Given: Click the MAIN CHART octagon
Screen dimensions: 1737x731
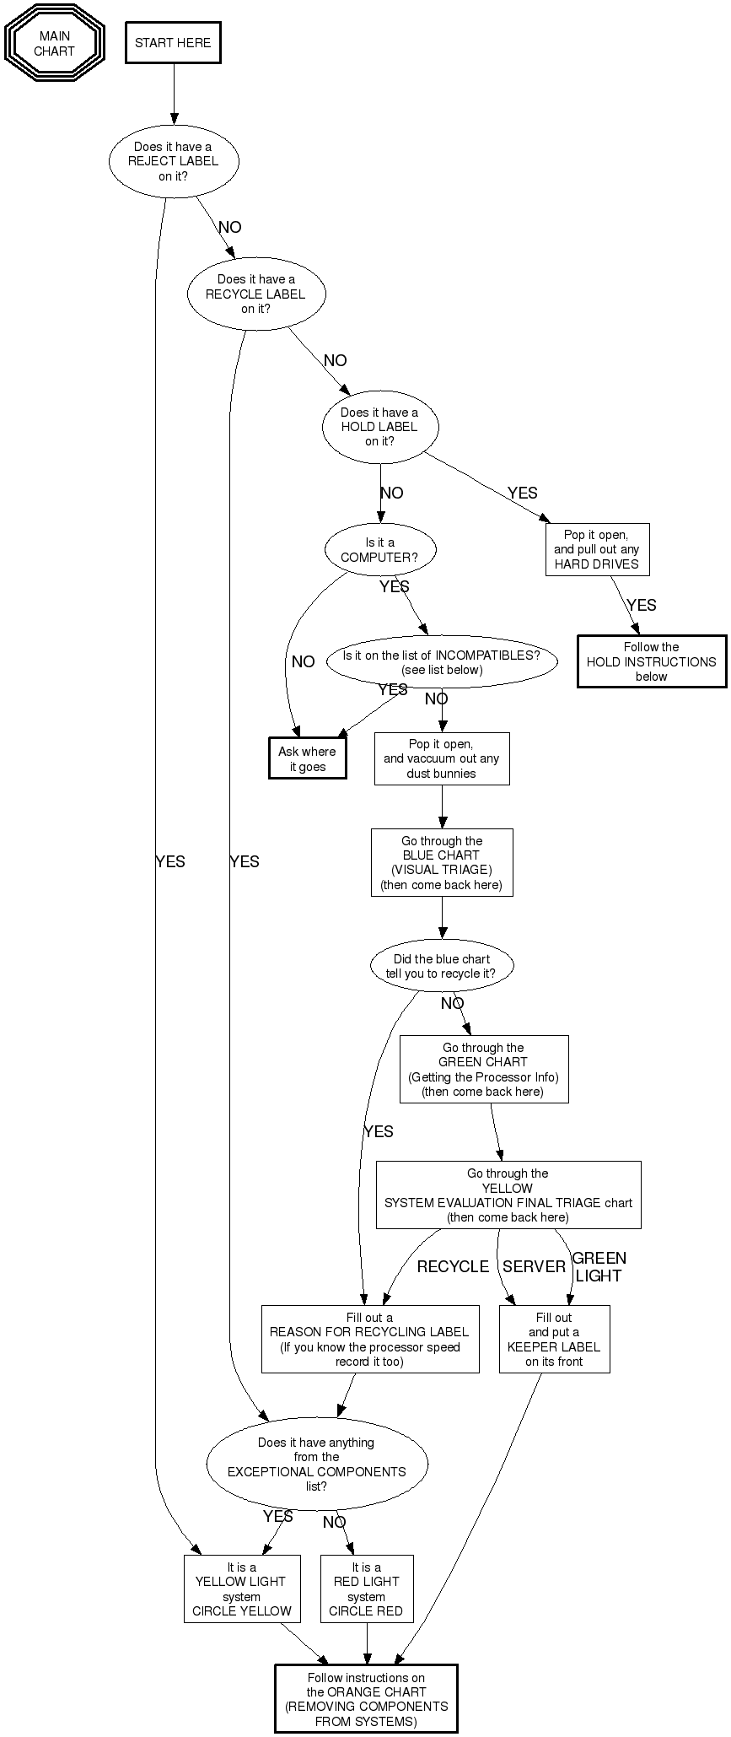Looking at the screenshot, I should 55,43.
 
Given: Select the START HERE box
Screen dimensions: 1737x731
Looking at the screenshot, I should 173,43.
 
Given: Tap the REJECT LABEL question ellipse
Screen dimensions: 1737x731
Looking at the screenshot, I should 174,161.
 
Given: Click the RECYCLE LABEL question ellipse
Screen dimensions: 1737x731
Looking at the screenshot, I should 255,294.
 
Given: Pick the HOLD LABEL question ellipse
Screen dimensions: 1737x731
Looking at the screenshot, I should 379,427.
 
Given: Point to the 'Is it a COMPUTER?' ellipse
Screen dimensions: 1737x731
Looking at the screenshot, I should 379,550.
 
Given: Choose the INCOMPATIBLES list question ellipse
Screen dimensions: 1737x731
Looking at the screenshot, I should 442,662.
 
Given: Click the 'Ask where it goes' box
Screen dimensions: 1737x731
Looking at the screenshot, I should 307,758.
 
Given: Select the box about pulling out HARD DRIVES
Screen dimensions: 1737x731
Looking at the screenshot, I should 597,550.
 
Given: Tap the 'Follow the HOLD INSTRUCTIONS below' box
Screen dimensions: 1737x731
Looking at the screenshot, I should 651,661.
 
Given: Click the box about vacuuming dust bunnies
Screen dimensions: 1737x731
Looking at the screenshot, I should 442,758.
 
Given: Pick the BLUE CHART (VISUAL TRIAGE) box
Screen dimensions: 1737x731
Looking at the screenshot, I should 442,862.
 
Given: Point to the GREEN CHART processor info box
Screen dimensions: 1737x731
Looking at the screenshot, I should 484,1069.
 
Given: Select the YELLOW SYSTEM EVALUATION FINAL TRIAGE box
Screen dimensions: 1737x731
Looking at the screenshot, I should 508,1195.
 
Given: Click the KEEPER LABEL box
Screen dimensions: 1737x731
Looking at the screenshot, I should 554,1339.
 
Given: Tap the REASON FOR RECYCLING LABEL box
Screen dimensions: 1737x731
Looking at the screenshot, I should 369,1339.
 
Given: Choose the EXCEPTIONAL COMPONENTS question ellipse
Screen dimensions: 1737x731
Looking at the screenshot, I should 317,1464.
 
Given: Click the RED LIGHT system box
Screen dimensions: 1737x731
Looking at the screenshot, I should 367,1589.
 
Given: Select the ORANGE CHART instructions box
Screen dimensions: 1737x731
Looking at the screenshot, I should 366,1698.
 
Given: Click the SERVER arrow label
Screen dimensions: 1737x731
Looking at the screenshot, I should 534,1266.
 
